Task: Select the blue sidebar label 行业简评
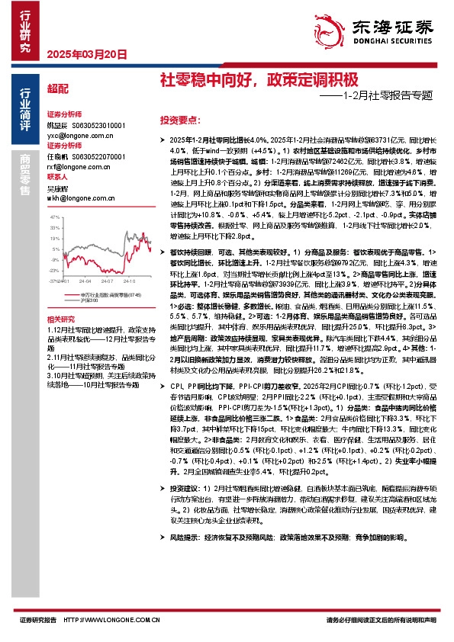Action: (26, 111)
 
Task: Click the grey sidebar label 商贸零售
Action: (26, 174)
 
